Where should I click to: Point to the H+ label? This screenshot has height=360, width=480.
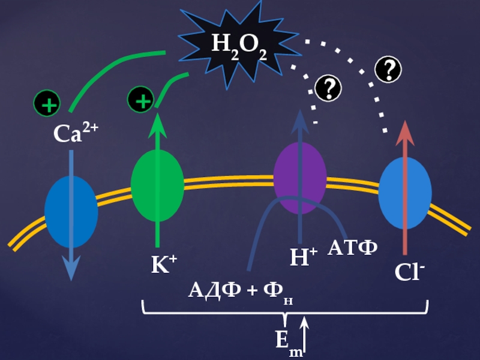pos(303,259)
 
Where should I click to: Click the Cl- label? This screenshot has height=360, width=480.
pos(410,272)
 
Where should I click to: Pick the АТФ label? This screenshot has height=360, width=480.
pos(352,247)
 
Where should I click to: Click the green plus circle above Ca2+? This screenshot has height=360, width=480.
pos(47,103)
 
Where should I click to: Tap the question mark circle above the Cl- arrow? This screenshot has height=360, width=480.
pos(388,70)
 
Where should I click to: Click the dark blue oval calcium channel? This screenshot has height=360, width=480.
pos(71,211)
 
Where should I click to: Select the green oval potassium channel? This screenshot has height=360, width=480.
pos(157,185)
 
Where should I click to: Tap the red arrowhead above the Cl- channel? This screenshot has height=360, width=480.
pos(406,131)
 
